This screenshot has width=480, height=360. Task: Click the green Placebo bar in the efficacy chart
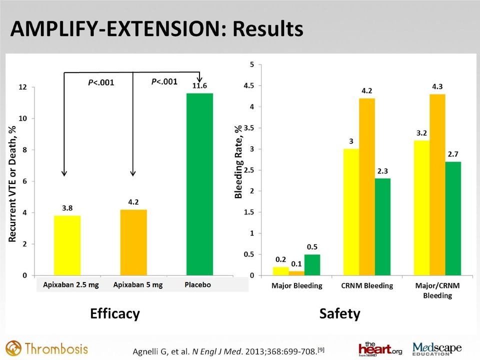[199, 184]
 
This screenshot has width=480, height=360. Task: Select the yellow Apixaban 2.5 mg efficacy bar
[67, 245]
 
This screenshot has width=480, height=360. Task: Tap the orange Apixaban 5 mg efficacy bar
[133, 242]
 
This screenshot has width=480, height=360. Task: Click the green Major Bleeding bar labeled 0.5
[312, 265]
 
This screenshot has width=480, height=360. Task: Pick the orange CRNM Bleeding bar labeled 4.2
[367, 186]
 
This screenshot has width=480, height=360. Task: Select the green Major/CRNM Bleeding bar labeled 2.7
[453, 218]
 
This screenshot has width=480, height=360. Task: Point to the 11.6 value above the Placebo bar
[199, 85]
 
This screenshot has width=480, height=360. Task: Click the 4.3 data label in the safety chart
[437, 86]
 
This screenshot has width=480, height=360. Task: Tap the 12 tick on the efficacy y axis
[23, 87]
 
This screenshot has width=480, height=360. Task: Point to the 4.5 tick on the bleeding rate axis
[249, 85]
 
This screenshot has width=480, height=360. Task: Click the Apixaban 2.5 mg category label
[71, 285]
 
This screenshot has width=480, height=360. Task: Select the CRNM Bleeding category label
[367, 285]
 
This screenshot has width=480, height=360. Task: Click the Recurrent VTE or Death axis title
[12, 184]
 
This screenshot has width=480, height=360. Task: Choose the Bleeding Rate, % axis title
[238, 161]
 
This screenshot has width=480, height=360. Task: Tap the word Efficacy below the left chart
[115, 314]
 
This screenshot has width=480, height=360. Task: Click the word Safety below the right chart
[340, 314]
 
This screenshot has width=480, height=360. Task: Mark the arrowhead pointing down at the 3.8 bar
[64, 173]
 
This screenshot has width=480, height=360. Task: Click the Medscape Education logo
[437, 349]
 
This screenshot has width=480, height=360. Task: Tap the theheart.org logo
[380, 349]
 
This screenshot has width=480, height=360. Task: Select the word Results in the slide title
[268, 29]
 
